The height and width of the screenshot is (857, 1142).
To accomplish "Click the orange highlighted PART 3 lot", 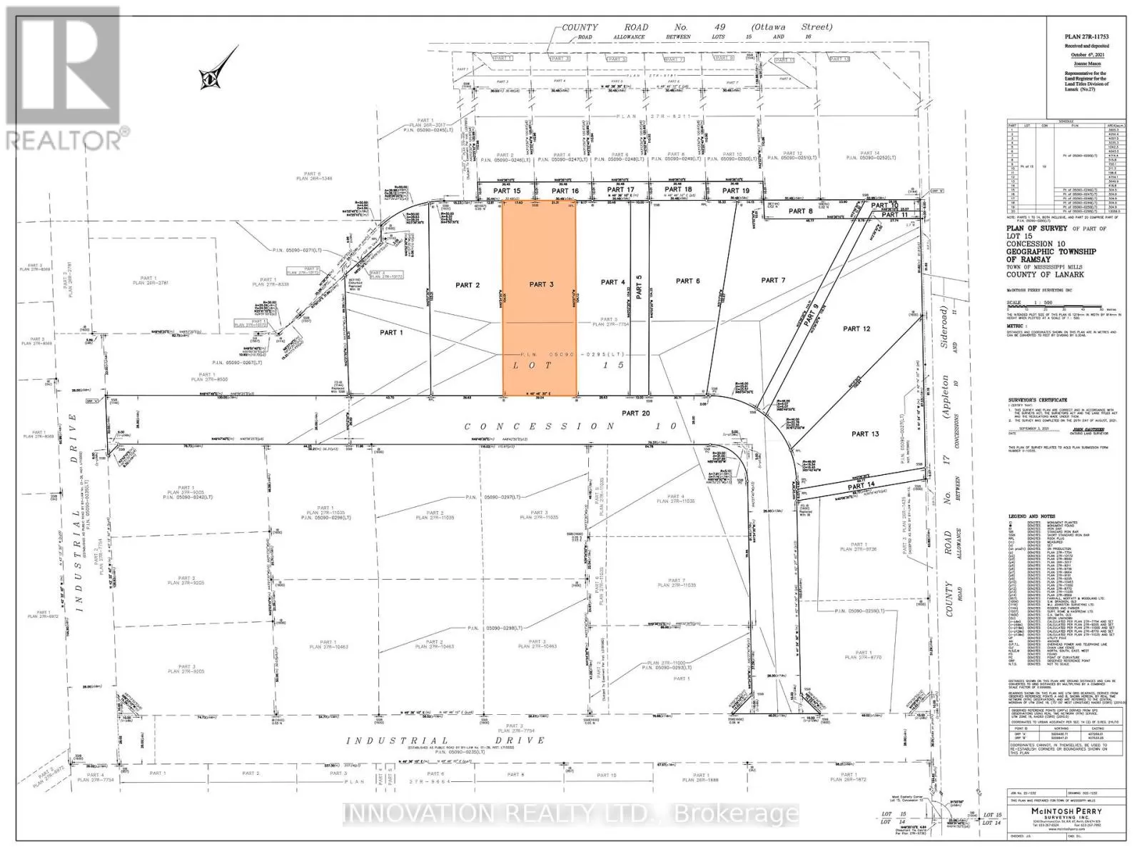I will tap(540, 307).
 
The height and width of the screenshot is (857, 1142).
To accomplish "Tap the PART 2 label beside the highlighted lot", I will tap(468, 285).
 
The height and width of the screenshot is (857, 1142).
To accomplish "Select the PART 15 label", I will tap(507, 191).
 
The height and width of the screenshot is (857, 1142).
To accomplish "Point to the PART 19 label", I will tap(736, 191).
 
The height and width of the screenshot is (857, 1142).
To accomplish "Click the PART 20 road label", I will tap(635, 413).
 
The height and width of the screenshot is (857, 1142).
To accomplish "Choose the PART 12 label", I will tap(856, 329).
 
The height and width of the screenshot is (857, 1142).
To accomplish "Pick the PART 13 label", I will tap(865, 433).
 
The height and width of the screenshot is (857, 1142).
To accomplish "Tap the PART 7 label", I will tap(774, 280).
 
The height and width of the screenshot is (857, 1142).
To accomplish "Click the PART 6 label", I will tap(687, 281).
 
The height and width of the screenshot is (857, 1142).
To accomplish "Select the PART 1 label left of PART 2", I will tap(391, 332).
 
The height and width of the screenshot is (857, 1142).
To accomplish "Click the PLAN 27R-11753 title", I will tap(1086, 36).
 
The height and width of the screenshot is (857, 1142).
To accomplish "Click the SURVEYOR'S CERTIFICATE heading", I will tap(1037, 400).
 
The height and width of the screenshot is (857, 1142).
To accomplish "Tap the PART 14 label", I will tap(861, 486).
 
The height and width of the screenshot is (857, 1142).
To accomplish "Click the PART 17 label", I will tap(620, 190).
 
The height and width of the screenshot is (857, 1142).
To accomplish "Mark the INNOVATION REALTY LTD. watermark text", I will tap(571, 813).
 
